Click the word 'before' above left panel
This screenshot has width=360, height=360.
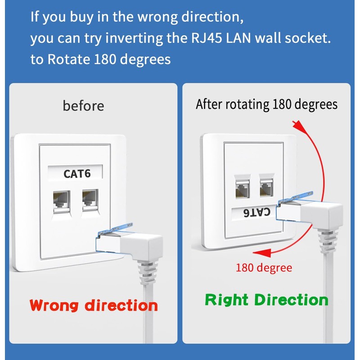83,106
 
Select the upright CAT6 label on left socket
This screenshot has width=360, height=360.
76,173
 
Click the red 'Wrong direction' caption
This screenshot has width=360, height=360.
94,306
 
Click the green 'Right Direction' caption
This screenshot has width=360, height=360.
266,300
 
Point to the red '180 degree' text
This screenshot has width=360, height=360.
264,268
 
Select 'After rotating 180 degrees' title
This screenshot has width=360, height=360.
266,105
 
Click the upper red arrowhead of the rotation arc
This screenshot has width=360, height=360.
296,123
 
